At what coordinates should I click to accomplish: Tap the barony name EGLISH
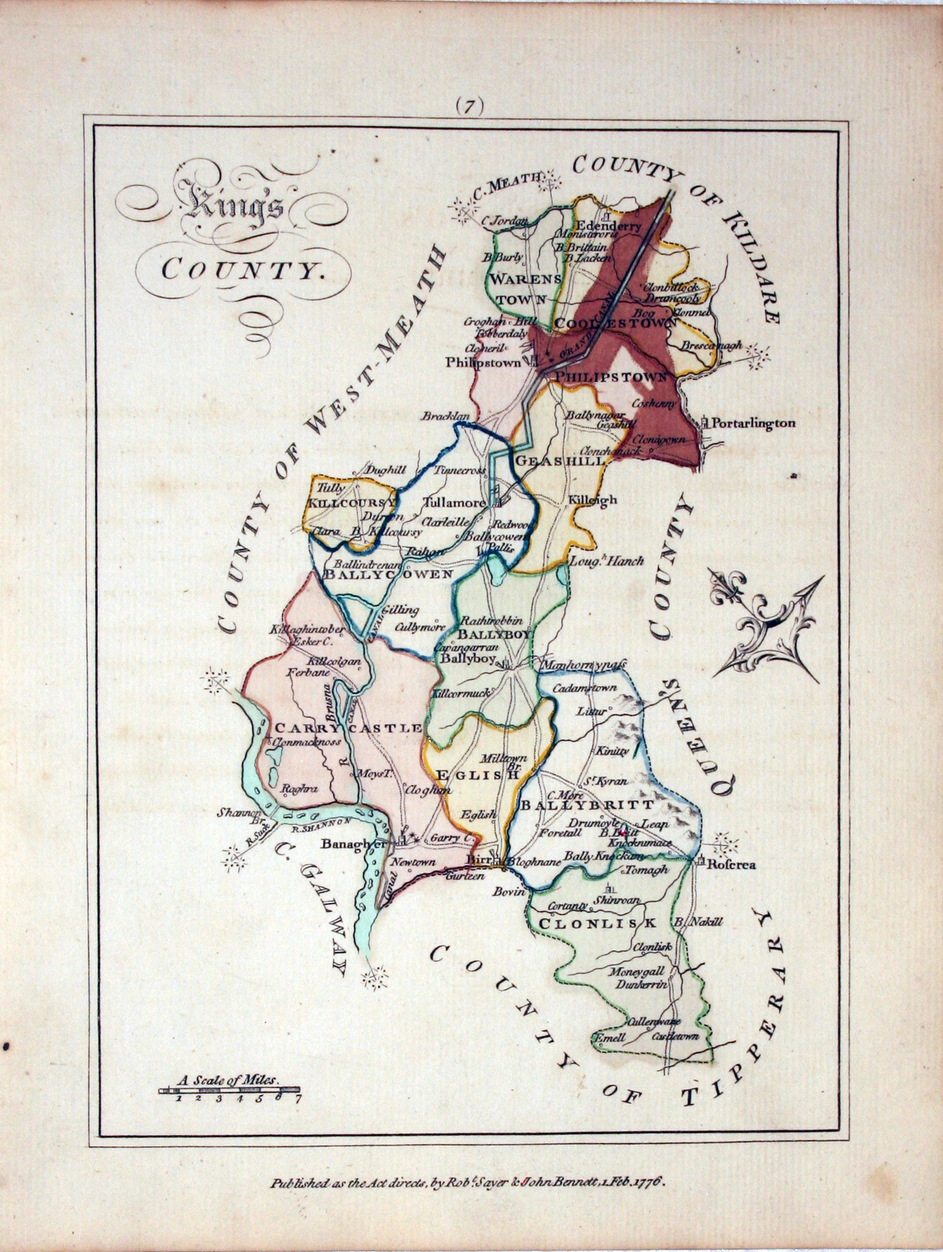(477, 776)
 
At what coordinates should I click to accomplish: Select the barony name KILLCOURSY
(352, 501)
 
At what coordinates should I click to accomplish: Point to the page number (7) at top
(469, 106)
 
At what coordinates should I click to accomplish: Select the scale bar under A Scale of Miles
(230, 1090)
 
